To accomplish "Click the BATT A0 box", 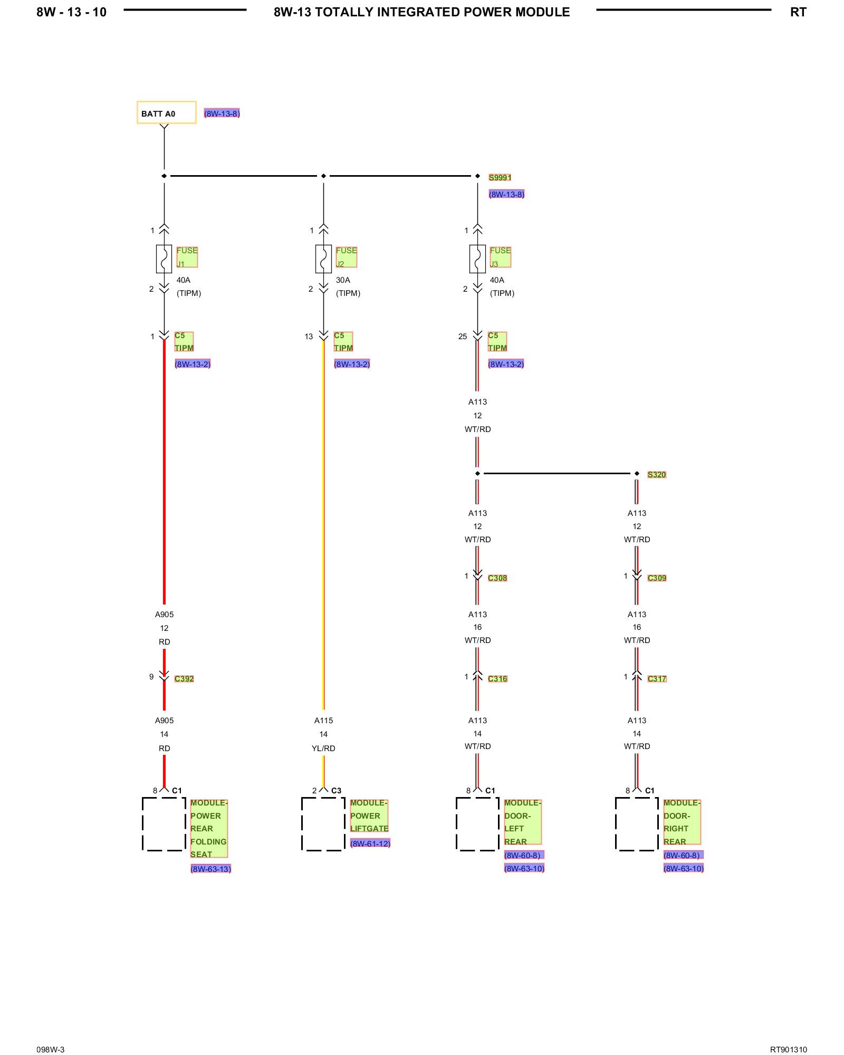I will (x=166, y=112).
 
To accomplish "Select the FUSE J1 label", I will (x=187, y=257).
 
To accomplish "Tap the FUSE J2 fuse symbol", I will (x=323, y=259).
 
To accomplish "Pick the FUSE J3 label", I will (x=500, y=257).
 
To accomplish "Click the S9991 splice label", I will (x=500, y=177).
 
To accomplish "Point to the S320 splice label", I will (x=657, y=474).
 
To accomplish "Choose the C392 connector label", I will (x=184, y=678).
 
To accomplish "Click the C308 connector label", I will (x=497, y=578).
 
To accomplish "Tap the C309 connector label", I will (x=657, y=578).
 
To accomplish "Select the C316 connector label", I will (x=497, y=678).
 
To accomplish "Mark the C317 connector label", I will (x=657, y=678).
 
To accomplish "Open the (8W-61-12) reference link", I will (x=370, y=843).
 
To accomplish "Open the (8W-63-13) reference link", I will (x=210, y=868).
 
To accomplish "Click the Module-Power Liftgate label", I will (x=369, y=816).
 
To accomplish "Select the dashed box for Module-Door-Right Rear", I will (x=637, y=823).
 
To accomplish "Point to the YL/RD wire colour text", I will (x=323, y=748).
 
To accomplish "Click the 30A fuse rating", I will (x=343, y=280).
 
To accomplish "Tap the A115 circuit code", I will (x=323, y=720).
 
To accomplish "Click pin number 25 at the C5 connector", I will (x=463, y=337).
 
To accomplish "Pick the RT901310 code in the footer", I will (x=788, y=1049).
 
